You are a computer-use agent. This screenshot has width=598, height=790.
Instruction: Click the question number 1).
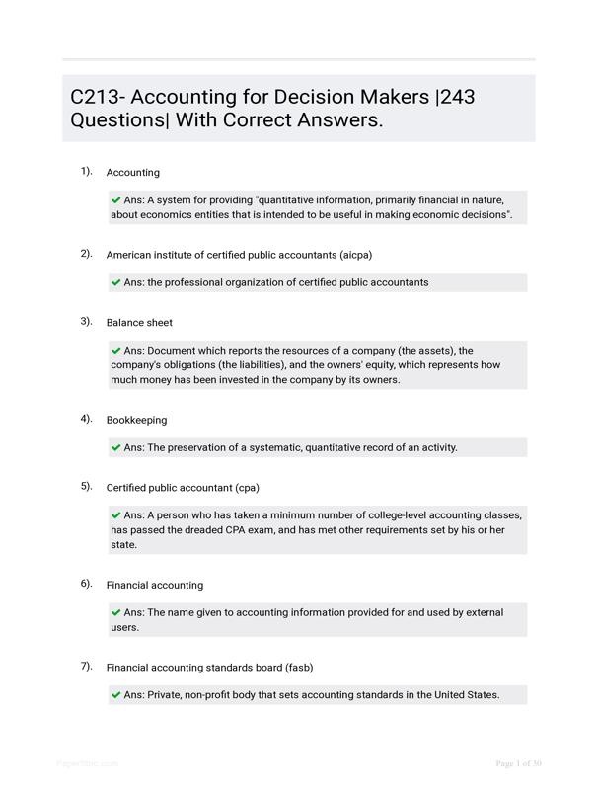click(87, 171)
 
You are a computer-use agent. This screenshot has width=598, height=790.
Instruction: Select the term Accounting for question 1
click(132, 172)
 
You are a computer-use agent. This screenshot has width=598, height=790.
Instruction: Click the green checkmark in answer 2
click(116, 282)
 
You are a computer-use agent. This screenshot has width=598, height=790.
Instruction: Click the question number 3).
click(87, 321)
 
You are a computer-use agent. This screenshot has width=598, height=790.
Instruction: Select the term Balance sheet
click(139, 323)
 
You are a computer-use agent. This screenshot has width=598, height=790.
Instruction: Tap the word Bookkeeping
click(136, 420)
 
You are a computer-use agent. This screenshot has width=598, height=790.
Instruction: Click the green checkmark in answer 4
click(116, 447)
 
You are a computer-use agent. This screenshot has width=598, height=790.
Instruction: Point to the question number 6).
click(87, 584)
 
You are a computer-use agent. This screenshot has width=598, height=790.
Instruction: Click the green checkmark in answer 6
click(116, 612)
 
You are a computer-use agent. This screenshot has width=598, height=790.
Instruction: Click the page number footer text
click(518, 763)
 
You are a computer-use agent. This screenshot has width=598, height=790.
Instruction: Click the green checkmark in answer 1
click(116, 199)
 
